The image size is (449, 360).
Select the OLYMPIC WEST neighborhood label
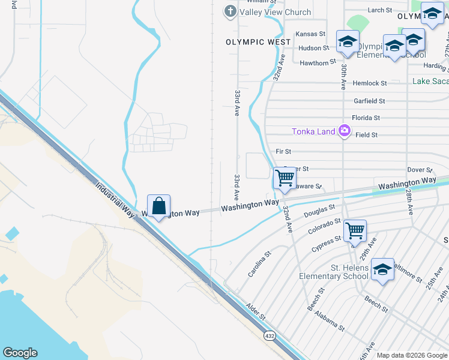258,42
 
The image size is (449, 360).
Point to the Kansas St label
310,34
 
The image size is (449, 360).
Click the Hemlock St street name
370,83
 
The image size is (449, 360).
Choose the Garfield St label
369,101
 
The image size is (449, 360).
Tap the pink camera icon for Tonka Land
344,131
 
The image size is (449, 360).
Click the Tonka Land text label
313,131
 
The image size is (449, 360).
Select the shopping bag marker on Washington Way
158,206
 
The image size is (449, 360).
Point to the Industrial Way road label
116,199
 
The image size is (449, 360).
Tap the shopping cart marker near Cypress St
355,230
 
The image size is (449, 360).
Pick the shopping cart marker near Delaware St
284,178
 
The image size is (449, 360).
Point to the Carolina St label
260,264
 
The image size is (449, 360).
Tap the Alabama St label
329,324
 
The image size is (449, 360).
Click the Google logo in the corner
20,353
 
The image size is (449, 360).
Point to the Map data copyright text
411,355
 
